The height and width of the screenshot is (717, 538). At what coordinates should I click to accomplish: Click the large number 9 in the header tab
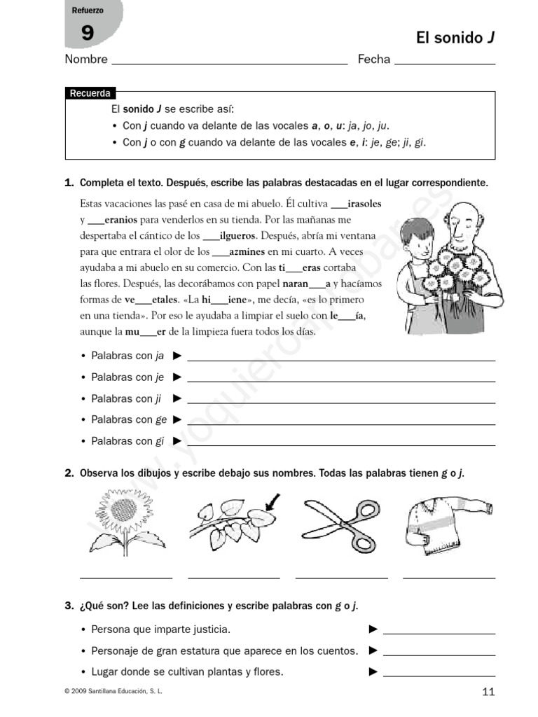(87, 33)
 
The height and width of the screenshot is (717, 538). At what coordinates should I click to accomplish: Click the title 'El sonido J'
(455, 38)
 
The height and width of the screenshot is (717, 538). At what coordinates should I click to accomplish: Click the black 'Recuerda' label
(89, 94)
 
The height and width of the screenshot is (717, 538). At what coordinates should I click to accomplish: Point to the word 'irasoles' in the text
(364, 204)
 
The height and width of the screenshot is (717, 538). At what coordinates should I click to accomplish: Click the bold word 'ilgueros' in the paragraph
(238, 235)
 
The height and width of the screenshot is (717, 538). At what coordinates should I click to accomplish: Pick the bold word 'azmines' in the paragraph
(247, 251)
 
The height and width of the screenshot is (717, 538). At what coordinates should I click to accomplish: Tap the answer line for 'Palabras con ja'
(341, 358)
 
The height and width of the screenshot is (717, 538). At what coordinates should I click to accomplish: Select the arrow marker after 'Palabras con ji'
(177, 398)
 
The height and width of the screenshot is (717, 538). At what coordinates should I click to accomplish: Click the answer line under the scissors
(341, 578)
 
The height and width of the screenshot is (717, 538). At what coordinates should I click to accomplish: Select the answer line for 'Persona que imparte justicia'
(439, 632)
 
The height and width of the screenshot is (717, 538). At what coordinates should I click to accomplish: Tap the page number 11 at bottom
(488, 692)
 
